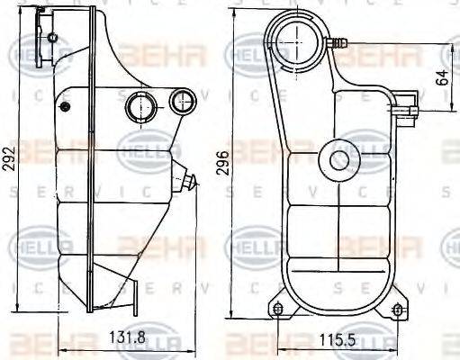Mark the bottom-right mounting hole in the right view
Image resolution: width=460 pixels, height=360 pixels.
[x=393, y=311]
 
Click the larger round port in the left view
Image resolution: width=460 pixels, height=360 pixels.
[x=140, y=106]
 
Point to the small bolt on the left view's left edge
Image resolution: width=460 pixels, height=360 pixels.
[x=62, y=107]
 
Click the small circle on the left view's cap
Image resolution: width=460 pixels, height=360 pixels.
[x=52, y=38]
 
